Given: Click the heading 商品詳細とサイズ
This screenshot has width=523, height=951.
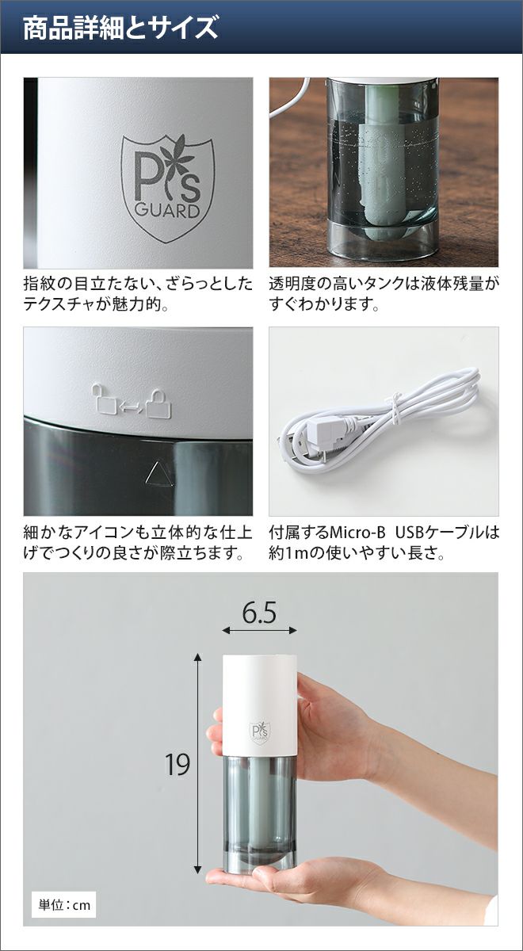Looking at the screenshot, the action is click(x=120, y=28).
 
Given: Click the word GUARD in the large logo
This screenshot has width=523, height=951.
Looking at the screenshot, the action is click(x=167, y=211).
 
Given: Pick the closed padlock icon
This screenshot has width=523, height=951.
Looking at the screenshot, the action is click(x=159, y=403).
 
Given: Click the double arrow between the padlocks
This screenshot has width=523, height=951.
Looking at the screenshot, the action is click(x=132, y=407).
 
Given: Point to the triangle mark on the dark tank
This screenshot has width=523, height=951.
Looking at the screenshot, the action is click(x=158, y=473).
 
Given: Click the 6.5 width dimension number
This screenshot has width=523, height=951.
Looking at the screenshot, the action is click(x=259, y=613).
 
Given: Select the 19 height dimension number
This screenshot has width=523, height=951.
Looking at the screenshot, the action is click(x=178, y=765).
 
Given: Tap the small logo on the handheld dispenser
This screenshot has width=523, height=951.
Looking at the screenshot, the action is click(x=259, y=731).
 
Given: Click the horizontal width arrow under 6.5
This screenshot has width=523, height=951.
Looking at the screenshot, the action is click(x=259, y=631).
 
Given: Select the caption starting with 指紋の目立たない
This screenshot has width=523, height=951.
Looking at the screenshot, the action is click(x=138, y=294).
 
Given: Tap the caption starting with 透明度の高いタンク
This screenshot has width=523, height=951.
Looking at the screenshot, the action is click(x=384, y=294).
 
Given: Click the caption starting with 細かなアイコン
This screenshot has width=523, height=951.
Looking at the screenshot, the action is click(x=138, y=543).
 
